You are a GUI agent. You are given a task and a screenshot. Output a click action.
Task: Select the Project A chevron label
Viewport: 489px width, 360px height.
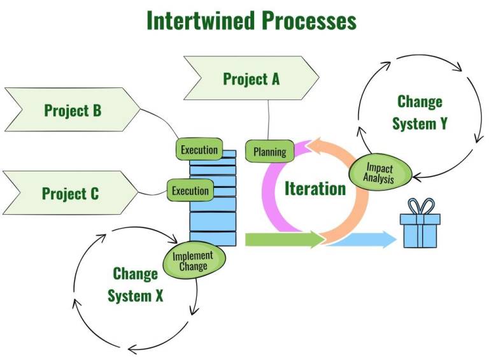click(x=251, y=79)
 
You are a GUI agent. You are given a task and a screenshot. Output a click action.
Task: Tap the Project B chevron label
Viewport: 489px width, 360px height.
click(x=72, y=110)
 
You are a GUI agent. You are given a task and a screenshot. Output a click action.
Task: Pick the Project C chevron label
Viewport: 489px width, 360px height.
click(x=70, y=193)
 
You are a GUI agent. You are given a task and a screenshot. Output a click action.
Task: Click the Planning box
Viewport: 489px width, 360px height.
click(x=270, y=152)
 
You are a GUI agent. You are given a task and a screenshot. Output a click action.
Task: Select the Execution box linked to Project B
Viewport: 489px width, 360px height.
click(x=199, y=150)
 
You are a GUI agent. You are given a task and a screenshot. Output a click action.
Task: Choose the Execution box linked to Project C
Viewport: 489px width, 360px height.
click(x=190, y=191)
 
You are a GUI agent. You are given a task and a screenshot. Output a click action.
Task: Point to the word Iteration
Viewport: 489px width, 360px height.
click(x=315, y=189)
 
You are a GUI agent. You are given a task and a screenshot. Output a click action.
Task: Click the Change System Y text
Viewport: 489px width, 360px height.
click(x=420, y=112)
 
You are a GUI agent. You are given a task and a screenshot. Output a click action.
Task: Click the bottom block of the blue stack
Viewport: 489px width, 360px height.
click(x=213, y=239)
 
